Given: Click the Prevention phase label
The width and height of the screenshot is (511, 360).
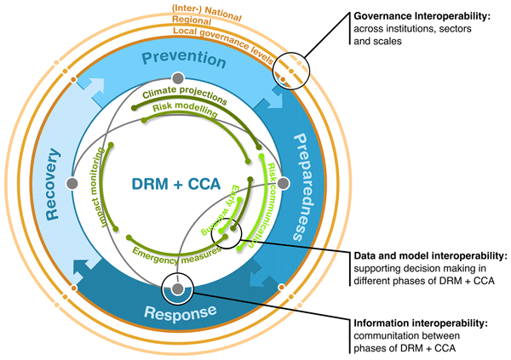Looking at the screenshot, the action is coord(184,59).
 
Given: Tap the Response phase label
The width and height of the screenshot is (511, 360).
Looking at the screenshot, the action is coord(181,312).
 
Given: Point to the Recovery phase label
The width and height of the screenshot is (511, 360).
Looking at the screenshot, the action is coord(52,184).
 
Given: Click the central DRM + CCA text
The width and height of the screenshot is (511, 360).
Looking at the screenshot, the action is coord(176,184).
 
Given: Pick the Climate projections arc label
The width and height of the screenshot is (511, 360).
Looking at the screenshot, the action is coord(185,94).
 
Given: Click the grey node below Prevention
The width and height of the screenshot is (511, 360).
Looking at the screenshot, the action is coord(178,78).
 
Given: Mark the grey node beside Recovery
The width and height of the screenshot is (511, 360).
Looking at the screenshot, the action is coord(72,184).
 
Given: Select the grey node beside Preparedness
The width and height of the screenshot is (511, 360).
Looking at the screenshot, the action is coord(284,184).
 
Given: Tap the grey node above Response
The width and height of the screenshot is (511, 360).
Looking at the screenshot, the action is coord(178,289).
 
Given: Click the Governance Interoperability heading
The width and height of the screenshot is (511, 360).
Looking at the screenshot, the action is coord(422,16).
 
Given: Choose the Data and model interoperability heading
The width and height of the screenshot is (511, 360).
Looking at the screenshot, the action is coord(430,256).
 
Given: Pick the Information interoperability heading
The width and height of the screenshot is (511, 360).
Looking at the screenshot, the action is coord(421,323).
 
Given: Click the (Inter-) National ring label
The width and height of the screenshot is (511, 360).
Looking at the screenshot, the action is coord(207,13).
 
